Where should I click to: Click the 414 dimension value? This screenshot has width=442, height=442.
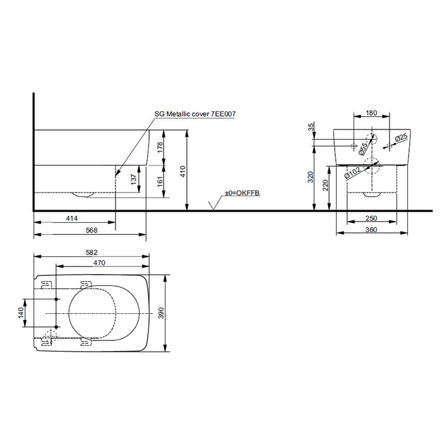tap(72, 218)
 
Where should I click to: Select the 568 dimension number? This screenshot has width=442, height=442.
tap(92, 230)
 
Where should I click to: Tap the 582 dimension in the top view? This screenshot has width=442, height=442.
tap(92, 253)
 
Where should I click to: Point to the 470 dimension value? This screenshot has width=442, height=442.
tap(99, 263)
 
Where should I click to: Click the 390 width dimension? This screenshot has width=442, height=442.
tap(161, 313)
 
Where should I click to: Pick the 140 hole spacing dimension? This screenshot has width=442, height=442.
tap(21, 313)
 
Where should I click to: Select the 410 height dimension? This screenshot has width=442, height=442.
tap(183, 171)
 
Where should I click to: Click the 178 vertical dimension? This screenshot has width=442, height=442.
tap(160, 147)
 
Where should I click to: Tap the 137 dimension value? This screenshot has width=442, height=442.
tap(134, 179)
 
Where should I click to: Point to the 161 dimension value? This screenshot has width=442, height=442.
tap(160, 182)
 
